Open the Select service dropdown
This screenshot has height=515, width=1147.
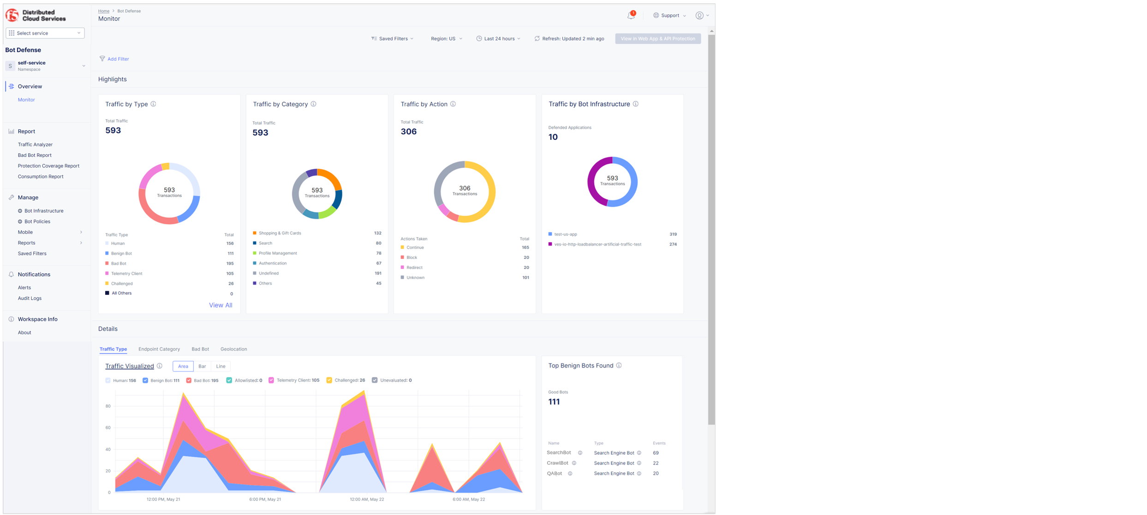click(45, 33)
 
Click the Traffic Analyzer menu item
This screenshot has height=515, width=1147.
click(35, 144)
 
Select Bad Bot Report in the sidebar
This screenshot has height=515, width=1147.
click(35, 155)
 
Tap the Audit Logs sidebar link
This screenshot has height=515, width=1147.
click(30, 298)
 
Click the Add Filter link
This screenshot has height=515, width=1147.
click(118, 59)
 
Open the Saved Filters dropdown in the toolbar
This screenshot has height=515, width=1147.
click(393, 39)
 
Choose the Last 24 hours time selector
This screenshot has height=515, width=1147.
click(499, 39)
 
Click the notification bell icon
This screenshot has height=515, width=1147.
click(631, 16)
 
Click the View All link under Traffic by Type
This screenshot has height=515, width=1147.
click(221, 305)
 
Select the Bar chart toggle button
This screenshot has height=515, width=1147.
click(202, 366)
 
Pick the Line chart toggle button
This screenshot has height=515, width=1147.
click(221, 366)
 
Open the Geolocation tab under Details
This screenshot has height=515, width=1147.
click(233, 349)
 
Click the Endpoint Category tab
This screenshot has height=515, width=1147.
click(159, 349)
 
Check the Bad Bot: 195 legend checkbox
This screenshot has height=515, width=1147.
click(189, 381)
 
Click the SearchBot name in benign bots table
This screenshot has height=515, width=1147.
click(559, 453)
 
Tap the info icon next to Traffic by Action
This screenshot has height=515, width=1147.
click(453, 104)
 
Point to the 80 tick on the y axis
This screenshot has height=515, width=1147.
click(108, 406)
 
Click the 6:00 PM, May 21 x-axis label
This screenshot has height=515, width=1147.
click(265, 499)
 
